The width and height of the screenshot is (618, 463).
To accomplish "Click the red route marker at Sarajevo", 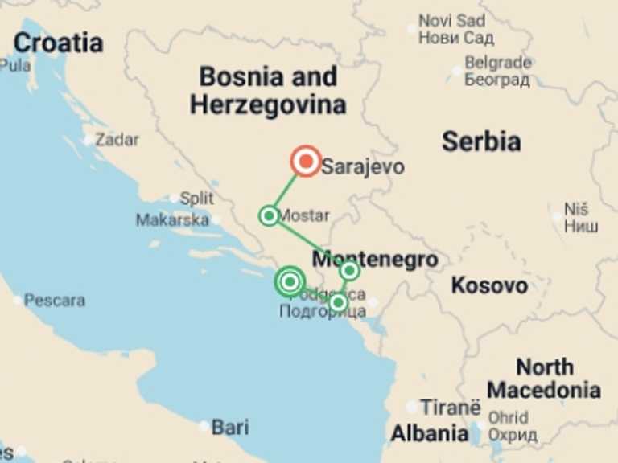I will [306, 162].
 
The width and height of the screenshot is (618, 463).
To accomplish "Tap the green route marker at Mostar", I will [269, 215].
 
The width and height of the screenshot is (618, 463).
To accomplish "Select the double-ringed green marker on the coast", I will [290, 281].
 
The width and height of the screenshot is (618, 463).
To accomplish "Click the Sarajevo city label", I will [362, 168].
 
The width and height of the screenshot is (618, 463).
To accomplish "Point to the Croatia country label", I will [58, 43].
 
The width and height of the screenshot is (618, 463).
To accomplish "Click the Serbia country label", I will [481, 142].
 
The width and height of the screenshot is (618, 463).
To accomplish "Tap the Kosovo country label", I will [489, 285].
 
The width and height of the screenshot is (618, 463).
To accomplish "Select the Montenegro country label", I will [375, 260].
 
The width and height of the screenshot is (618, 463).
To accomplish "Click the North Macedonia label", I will [544, 379].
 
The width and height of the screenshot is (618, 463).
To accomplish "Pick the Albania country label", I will [429, 434].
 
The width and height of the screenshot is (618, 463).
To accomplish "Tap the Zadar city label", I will [117, 140].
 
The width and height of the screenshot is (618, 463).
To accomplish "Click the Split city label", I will [196, 198].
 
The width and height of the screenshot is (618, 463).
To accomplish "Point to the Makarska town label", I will [171, 219].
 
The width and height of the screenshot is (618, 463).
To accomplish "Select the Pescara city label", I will [54, 301].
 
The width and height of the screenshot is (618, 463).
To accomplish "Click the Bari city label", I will [229, 427].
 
